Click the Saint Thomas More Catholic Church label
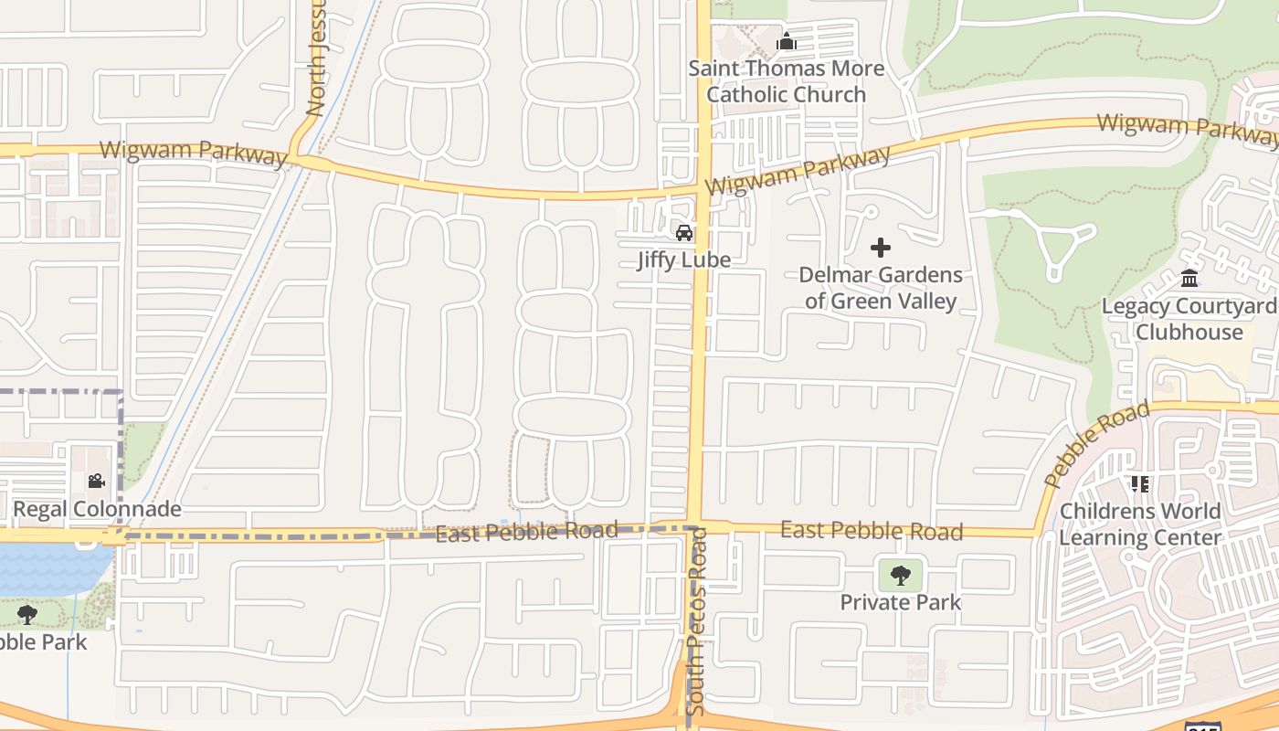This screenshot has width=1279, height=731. pyautogui.click(x=786, y=81)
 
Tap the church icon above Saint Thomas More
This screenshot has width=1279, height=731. pyautogui.click(x=786, y=41)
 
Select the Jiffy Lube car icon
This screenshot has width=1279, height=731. pyautogui.click(x=683, y=232)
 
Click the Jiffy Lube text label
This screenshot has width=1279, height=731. pyautogui.click(x=684, y=260)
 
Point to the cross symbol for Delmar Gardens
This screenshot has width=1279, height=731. pyautogui.click(x=881, y=247)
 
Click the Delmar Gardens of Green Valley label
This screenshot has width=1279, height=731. pyautogui.click(x=881, y=288)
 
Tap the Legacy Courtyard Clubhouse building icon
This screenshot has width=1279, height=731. pyautogui.click(x=1189, y=278)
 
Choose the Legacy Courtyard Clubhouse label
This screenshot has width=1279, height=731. pyautogui.click(x=1189, y=319)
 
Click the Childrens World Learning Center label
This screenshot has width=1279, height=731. pyautogui.click(x=1140, y=524)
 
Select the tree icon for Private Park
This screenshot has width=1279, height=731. pyautogui.click(x=901, y=576)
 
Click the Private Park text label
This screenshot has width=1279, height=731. pyautogui.click(x=901, y=602)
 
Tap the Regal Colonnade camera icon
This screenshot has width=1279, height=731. pyautogui.click(x=96, y=482)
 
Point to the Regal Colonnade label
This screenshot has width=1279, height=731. pyautogui.click(x=97, y=509)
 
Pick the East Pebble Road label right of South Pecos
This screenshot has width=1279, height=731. pyautogui.click(x=872, y=531)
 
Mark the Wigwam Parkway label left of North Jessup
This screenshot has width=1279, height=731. pyautogui.click(x=193, y=152)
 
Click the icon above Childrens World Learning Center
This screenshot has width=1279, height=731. pyautogui.click(x=1139, y=483)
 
